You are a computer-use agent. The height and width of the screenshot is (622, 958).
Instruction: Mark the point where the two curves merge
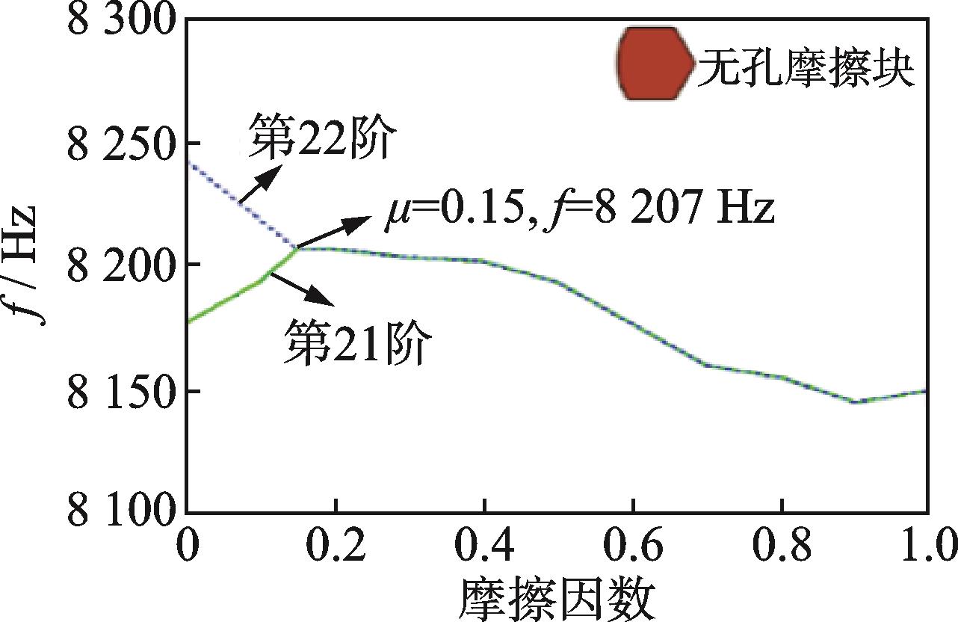tap(297, 248)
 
